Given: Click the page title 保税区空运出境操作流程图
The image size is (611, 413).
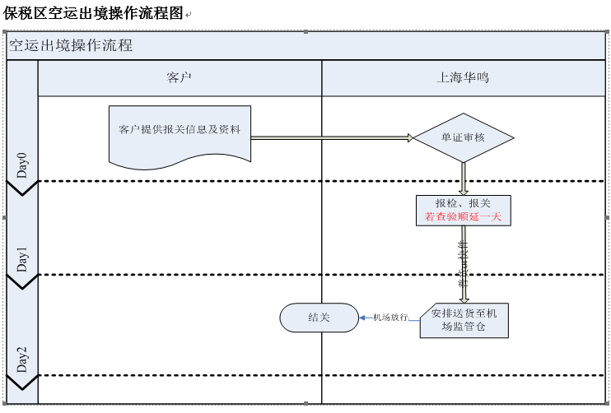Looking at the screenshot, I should (92, 13).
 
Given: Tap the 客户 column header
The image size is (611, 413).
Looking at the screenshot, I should (179, 78).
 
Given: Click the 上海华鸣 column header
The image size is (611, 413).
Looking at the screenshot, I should (463, 78).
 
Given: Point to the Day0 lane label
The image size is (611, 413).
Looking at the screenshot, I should (22, 165).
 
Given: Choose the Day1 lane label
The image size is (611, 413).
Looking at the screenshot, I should (22, 259).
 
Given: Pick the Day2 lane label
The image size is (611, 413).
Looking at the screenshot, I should (22, 360).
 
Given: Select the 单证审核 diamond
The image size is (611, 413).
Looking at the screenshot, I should (463, 137).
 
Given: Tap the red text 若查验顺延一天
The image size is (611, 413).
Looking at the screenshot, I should (463, 217).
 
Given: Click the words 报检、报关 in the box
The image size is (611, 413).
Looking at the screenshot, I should (463, 203).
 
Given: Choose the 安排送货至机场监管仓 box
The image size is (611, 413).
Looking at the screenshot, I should (464, 320).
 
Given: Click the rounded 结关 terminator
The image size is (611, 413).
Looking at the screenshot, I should (319, 318).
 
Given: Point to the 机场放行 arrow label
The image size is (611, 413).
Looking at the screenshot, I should (390, 318).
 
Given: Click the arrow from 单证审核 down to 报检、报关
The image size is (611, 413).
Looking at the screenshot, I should (464, 178).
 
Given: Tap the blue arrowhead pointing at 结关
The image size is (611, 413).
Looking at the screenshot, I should (363, 318).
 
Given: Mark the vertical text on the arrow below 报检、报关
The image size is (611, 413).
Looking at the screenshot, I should (463, 263).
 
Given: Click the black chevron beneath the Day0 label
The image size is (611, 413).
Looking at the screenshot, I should (22, 189).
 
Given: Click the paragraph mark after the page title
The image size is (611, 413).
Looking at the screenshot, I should (188, 15).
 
